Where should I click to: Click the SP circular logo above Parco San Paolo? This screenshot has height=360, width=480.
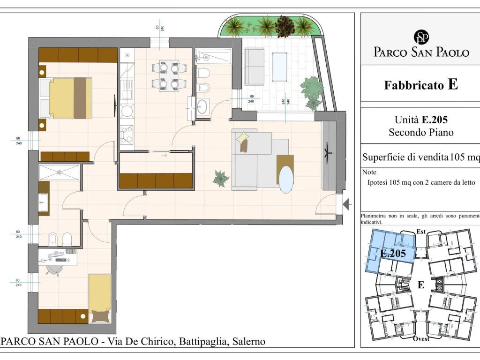(421, 37)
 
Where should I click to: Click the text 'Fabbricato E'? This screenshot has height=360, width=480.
(421, 84)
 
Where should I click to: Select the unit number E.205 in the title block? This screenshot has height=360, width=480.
(435, 120)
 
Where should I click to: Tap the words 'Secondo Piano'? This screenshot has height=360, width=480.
(421, 132)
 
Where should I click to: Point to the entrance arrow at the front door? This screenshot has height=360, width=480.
(347, 204)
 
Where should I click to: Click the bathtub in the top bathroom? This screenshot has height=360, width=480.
(213, 56)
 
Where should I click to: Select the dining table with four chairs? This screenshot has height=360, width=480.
(169, 75)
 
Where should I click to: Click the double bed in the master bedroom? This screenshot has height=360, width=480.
(66, 98)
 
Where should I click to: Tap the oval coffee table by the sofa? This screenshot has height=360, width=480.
(286, 180)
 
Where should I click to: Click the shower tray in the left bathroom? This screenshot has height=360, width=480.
(60, 172)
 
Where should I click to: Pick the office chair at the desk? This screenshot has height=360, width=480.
(54, 270)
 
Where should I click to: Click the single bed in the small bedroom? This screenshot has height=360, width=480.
(100, 298)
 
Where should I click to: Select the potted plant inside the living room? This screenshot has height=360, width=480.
(221, 179)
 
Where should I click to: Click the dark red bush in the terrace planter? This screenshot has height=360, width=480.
(285, 26)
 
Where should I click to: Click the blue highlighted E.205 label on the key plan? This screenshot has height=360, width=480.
(393, 254)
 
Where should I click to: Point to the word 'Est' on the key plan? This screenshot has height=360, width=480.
(421, 232)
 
